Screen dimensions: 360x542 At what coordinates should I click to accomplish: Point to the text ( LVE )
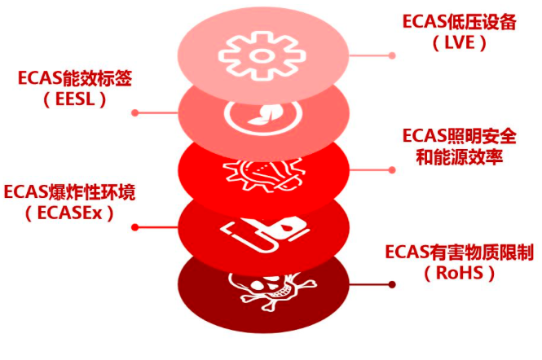coord(460,43)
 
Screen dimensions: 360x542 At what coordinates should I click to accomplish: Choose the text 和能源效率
coord(460,157)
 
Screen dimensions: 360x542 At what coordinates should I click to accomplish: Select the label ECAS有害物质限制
coord(459,252)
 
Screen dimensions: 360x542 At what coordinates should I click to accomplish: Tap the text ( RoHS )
coord(459,274)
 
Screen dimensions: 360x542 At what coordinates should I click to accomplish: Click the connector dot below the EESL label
coord(135,112)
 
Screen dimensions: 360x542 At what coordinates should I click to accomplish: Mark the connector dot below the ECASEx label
coord(134,227)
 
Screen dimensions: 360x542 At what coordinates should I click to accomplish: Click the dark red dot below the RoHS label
coord(393,284)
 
